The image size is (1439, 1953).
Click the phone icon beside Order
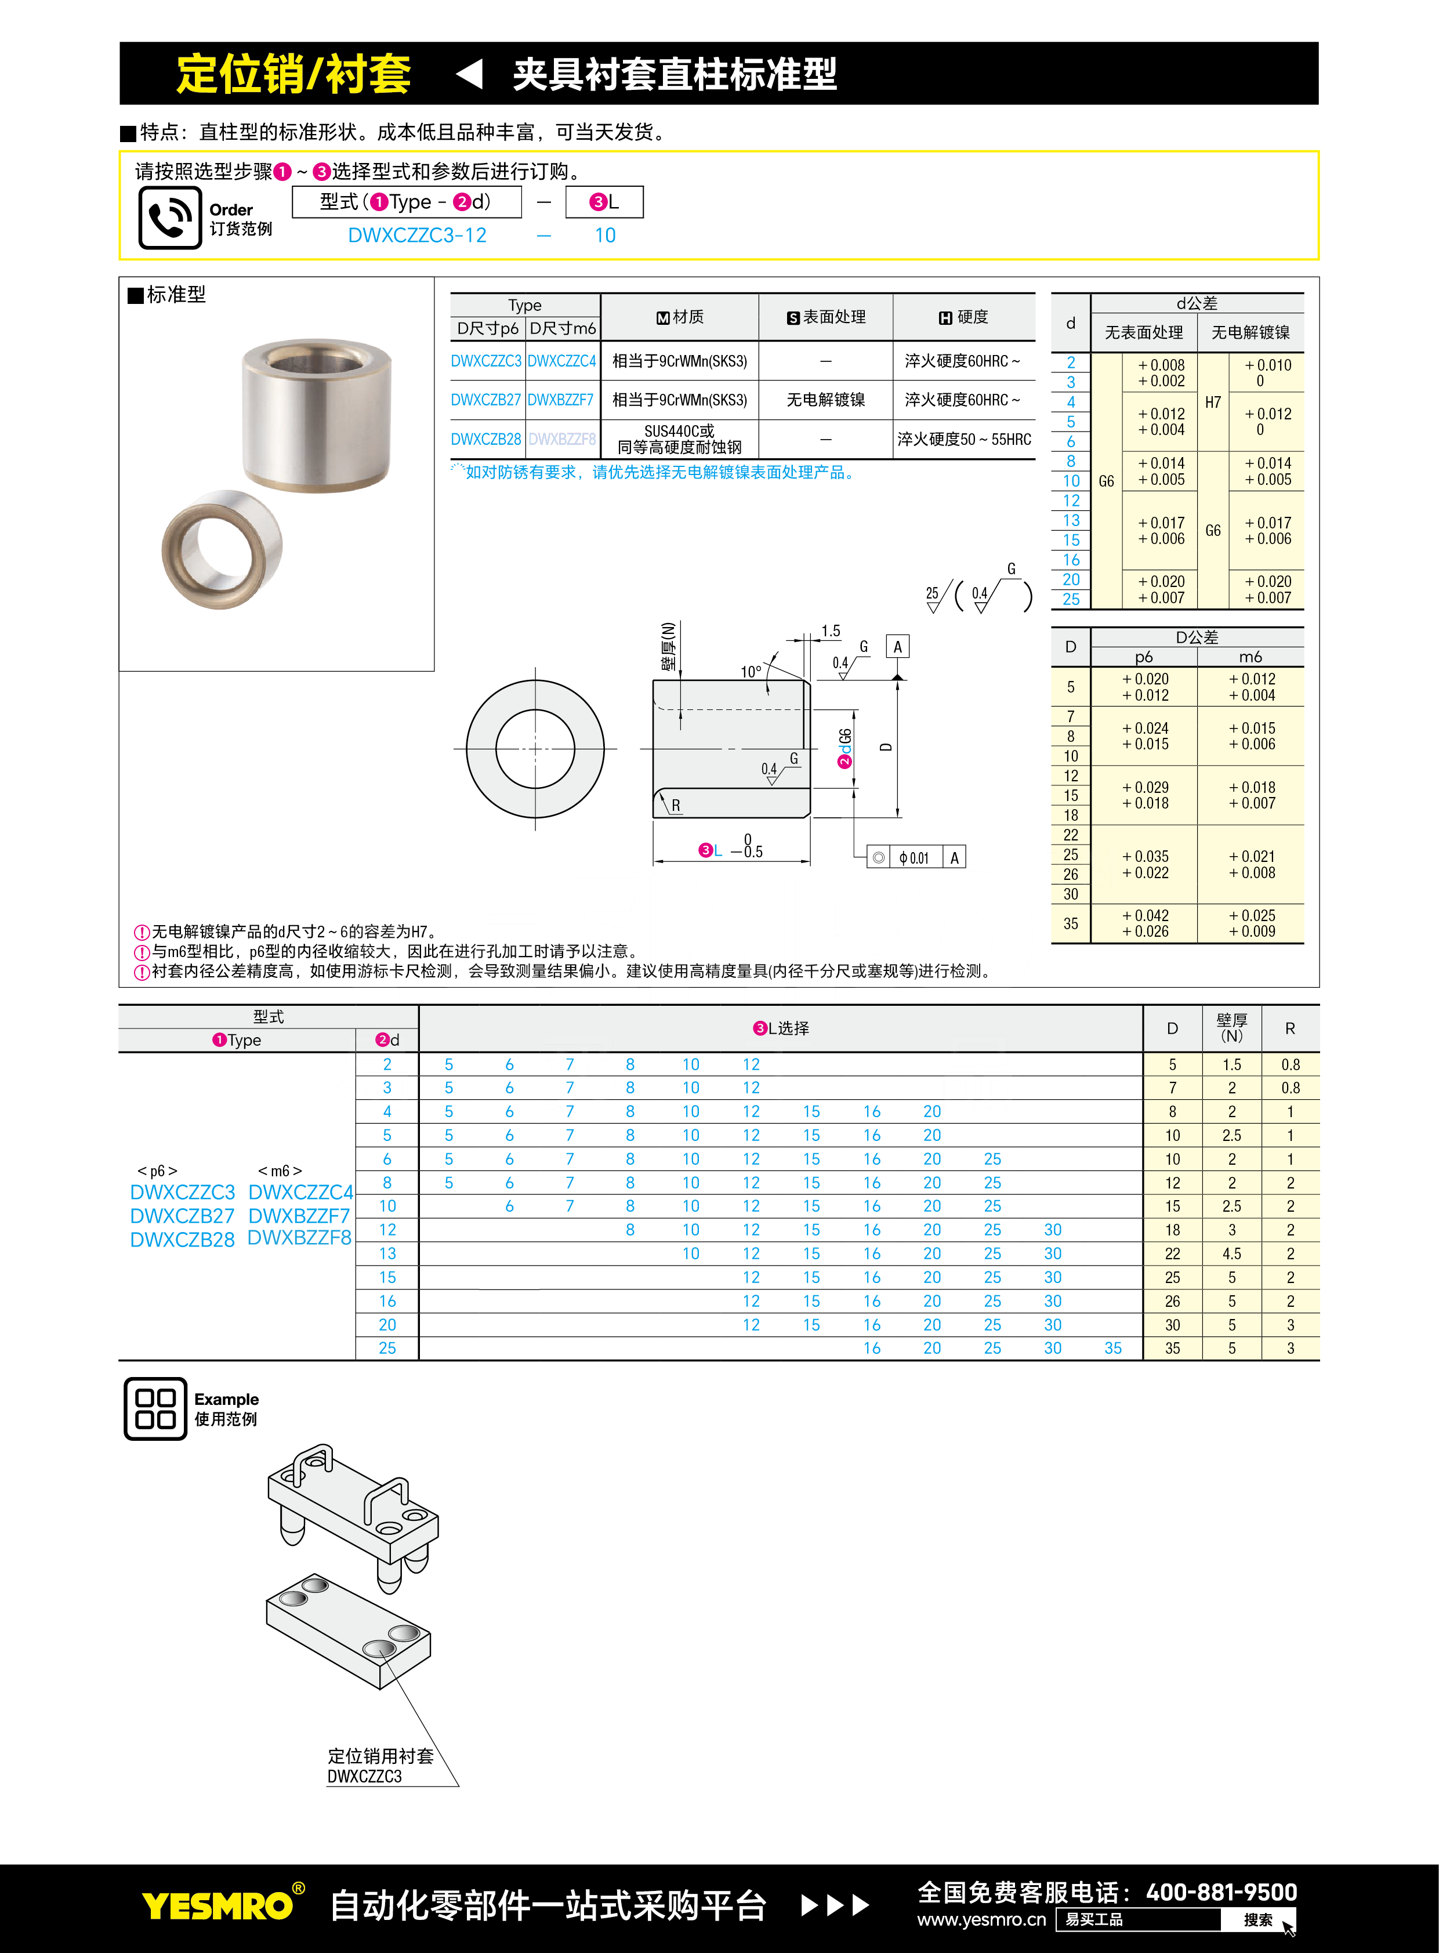pos(170,218)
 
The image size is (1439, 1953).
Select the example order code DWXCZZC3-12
pos(416,235)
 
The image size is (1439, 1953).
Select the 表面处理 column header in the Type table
pos(826,317)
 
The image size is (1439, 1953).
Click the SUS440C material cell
pos(679,439)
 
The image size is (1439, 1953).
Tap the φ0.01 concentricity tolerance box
pos(914,858)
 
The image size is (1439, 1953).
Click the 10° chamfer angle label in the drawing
pos(750,672)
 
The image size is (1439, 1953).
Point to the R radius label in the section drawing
pos(676,806)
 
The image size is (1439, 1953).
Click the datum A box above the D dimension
pos(897,646)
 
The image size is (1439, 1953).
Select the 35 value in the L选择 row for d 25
pos(1112,1347)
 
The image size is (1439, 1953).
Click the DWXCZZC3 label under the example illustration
pos(364,1776)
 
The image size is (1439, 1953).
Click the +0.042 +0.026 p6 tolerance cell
pos(1144,923)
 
